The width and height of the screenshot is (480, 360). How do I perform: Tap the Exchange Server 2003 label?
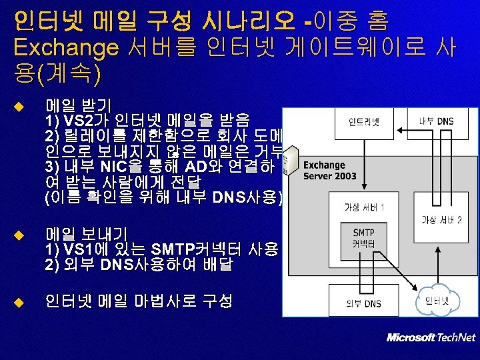click(329, 171)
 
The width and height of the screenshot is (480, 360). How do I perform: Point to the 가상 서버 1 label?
click(363, 207)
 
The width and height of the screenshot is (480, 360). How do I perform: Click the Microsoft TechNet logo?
click(431, 337)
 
